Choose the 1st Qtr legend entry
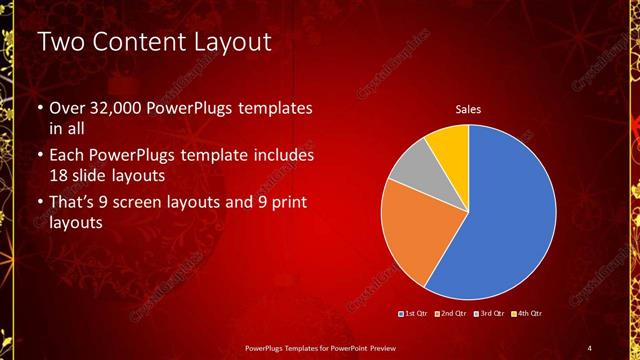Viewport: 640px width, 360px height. [415, 314]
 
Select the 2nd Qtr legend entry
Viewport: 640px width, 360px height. [454, 314]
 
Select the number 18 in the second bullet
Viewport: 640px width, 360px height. [59, 176]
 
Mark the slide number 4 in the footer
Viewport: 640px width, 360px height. [589, 347]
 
